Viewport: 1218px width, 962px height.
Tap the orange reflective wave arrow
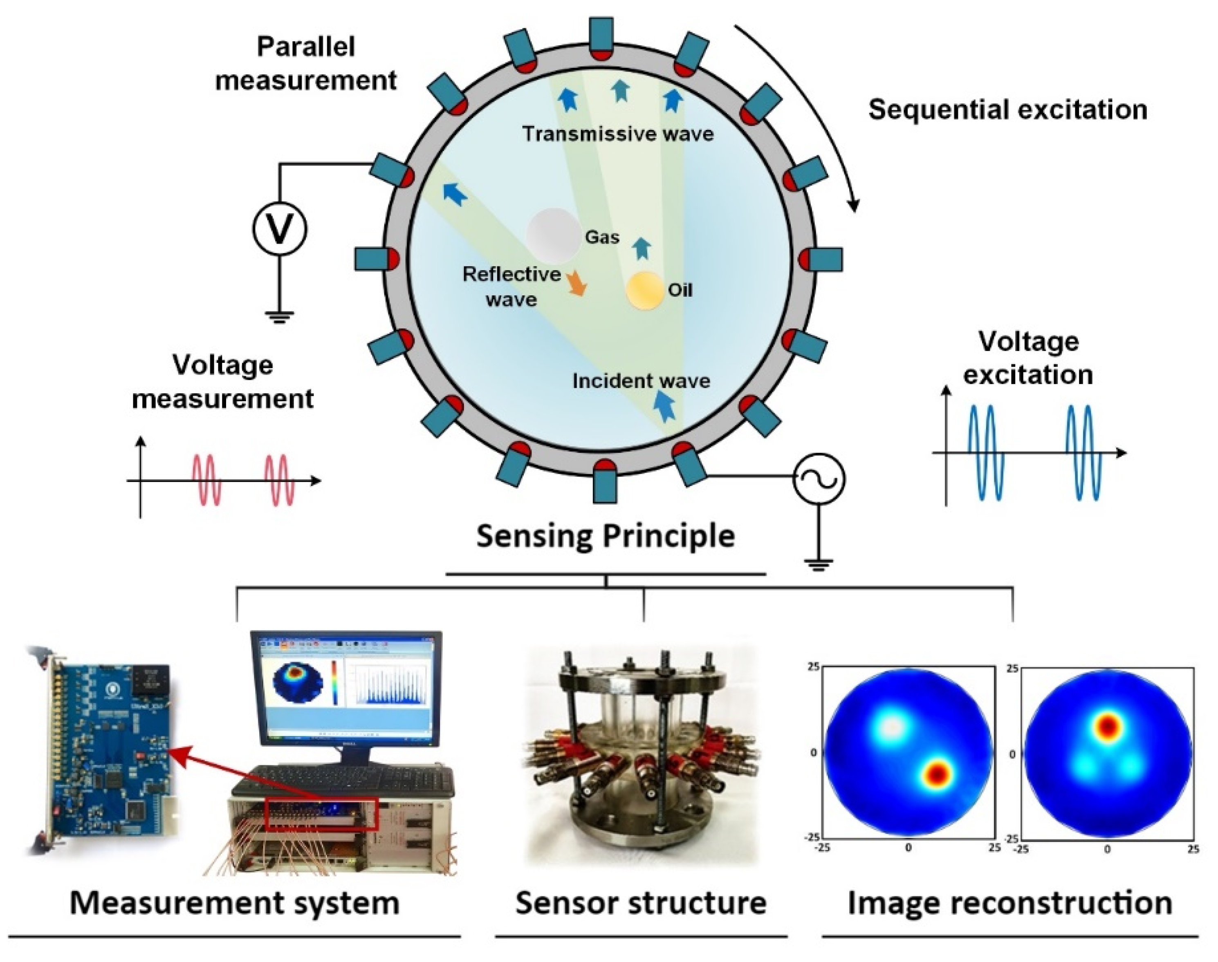tap(577, 283)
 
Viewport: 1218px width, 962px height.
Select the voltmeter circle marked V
tap(279, 229)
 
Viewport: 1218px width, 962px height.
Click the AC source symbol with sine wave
tap(819, 479)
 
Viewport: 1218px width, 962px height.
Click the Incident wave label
tap(641, 381)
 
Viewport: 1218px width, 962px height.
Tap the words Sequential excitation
tap(1007, 109)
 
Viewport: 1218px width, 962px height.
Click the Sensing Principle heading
tap(606, 536)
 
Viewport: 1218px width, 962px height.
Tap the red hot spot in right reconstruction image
tap(1108, 727)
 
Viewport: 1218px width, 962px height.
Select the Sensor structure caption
tap(641, 903)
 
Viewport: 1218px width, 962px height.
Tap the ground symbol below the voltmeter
tap(279, 317)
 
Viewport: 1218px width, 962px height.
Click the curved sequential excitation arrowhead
tap(854, 206)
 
